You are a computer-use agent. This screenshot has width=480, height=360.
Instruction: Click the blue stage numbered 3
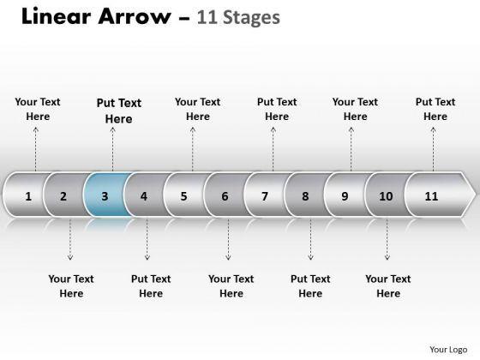pos(106,195)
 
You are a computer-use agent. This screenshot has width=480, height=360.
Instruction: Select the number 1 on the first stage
pos(28,196)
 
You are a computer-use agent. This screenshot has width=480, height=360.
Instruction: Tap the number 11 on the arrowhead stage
pos(431,196)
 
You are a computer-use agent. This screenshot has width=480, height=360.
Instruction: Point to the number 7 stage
pos(266,195)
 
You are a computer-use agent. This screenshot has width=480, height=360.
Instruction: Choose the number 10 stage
pos(387,195)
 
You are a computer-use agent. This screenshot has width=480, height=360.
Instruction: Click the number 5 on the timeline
pos(183,196)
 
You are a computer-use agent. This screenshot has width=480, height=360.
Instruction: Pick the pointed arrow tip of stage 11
pos(476,195)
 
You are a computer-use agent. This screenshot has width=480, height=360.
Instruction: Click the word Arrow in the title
pos(135,16)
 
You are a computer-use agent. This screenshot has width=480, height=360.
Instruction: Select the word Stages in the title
pos(251,18)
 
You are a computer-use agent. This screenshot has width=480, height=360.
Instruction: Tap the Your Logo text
pos(448,350)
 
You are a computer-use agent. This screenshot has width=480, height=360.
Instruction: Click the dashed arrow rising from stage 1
pos(36,149)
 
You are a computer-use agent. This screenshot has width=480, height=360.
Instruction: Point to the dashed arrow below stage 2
pos(70,239)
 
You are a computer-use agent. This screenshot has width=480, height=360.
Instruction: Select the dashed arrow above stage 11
pos(433,149)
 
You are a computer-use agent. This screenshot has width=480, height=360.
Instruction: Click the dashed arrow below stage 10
pos(387,239)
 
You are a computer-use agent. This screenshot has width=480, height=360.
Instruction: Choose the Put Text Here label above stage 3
pos(119,111)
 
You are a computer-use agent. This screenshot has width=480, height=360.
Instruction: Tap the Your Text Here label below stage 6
pos(231,286)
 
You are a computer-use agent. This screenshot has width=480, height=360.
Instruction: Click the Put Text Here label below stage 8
pos(310,286)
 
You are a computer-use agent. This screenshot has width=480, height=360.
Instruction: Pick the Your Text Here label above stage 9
pos(355,109)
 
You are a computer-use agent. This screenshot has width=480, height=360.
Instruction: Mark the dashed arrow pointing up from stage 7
pos(273,149)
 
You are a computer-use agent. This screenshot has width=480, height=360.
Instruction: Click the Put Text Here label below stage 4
pos(151,286)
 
